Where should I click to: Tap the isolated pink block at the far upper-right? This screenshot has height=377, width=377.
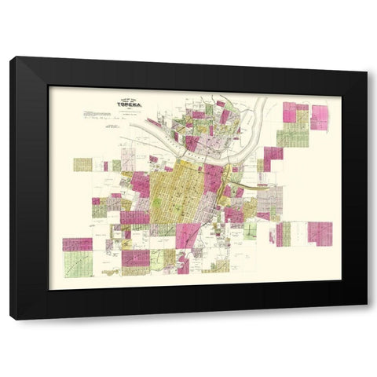pyautogui.click(x=320, y=116)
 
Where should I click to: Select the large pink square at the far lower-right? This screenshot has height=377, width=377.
pyautogui.click(x=320, y=232)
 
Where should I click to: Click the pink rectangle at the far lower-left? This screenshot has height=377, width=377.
pyautogui.click(x=77, y=244)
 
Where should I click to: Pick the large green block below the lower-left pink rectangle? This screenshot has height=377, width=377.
pyautogui.click(x=78, y=264)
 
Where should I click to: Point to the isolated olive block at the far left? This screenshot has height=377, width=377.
pyautogui.click(x=82, y=164)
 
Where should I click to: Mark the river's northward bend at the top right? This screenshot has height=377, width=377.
pyautogui.click(x=258, y=106)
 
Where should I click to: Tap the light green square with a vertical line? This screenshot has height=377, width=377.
pyautogui.click(x=251, y=231)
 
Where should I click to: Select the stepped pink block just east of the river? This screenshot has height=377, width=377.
pyautogui.click(x=273, y=157)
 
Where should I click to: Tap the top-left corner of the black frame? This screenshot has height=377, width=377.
pyautogui.click(x=11, y=58)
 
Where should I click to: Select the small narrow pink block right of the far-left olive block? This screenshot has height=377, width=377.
pyautogui.click(x=104, y=166)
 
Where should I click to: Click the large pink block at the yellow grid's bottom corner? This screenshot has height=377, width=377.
pyautogui.click(x=188, y=235)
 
